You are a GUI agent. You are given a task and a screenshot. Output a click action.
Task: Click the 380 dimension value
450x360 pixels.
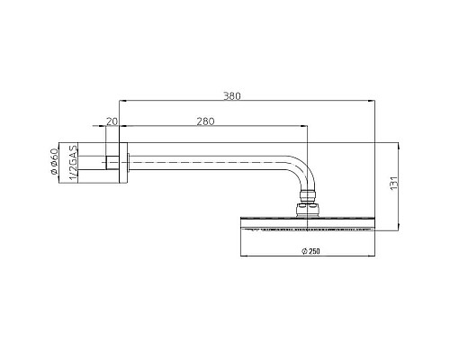[x=232, y=94]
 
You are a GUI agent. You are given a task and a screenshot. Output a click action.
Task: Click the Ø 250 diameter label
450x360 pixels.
[x=309, y=248]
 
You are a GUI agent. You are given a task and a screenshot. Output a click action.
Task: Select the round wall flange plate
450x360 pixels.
[x=125, y=163]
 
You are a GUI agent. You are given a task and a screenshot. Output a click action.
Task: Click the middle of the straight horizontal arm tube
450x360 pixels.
[x=207, y=163]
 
